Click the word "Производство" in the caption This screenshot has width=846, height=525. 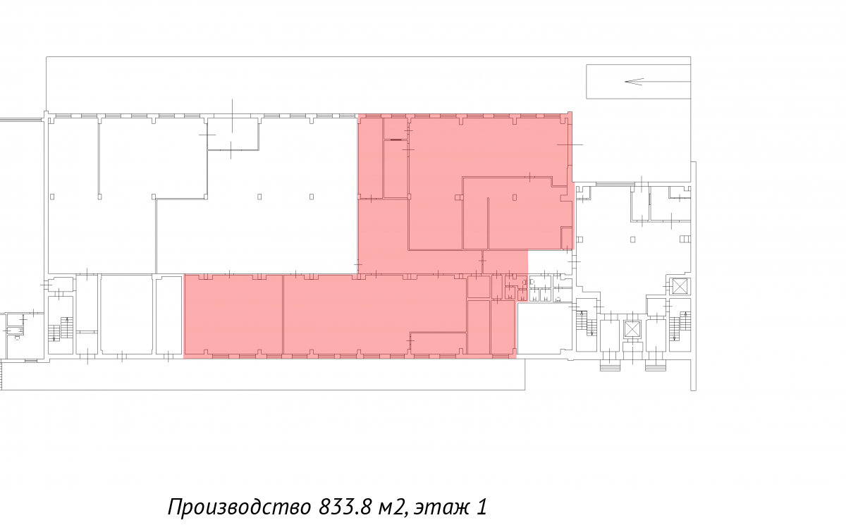tap(240, 507)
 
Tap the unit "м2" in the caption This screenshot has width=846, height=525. tap(393, 507)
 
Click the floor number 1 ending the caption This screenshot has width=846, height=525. tap(481, 507)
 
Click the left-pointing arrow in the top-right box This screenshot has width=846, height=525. tap(657, 82)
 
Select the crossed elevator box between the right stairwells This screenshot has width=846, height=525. tap(632, 329)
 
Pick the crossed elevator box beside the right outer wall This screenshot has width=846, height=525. tap(680, 287)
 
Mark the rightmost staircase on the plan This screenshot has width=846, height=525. tap(680, 326)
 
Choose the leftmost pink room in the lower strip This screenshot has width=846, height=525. tap(233, 315)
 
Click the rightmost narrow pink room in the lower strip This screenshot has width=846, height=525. tap(503, 327)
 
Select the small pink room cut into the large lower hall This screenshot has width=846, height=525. tap(438, 343)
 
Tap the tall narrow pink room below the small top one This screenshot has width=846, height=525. tap(395, 168)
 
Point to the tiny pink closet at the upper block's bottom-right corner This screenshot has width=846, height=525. tap(566, 237)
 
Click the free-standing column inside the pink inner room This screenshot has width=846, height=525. tap(515, 197)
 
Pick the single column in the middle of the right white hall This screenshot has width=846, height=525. tap(632, 240)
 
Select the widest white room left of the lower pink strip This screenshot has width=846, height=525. tap(126, 315)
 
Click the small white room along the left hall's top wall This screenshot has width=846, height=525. tap(233, 134)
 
